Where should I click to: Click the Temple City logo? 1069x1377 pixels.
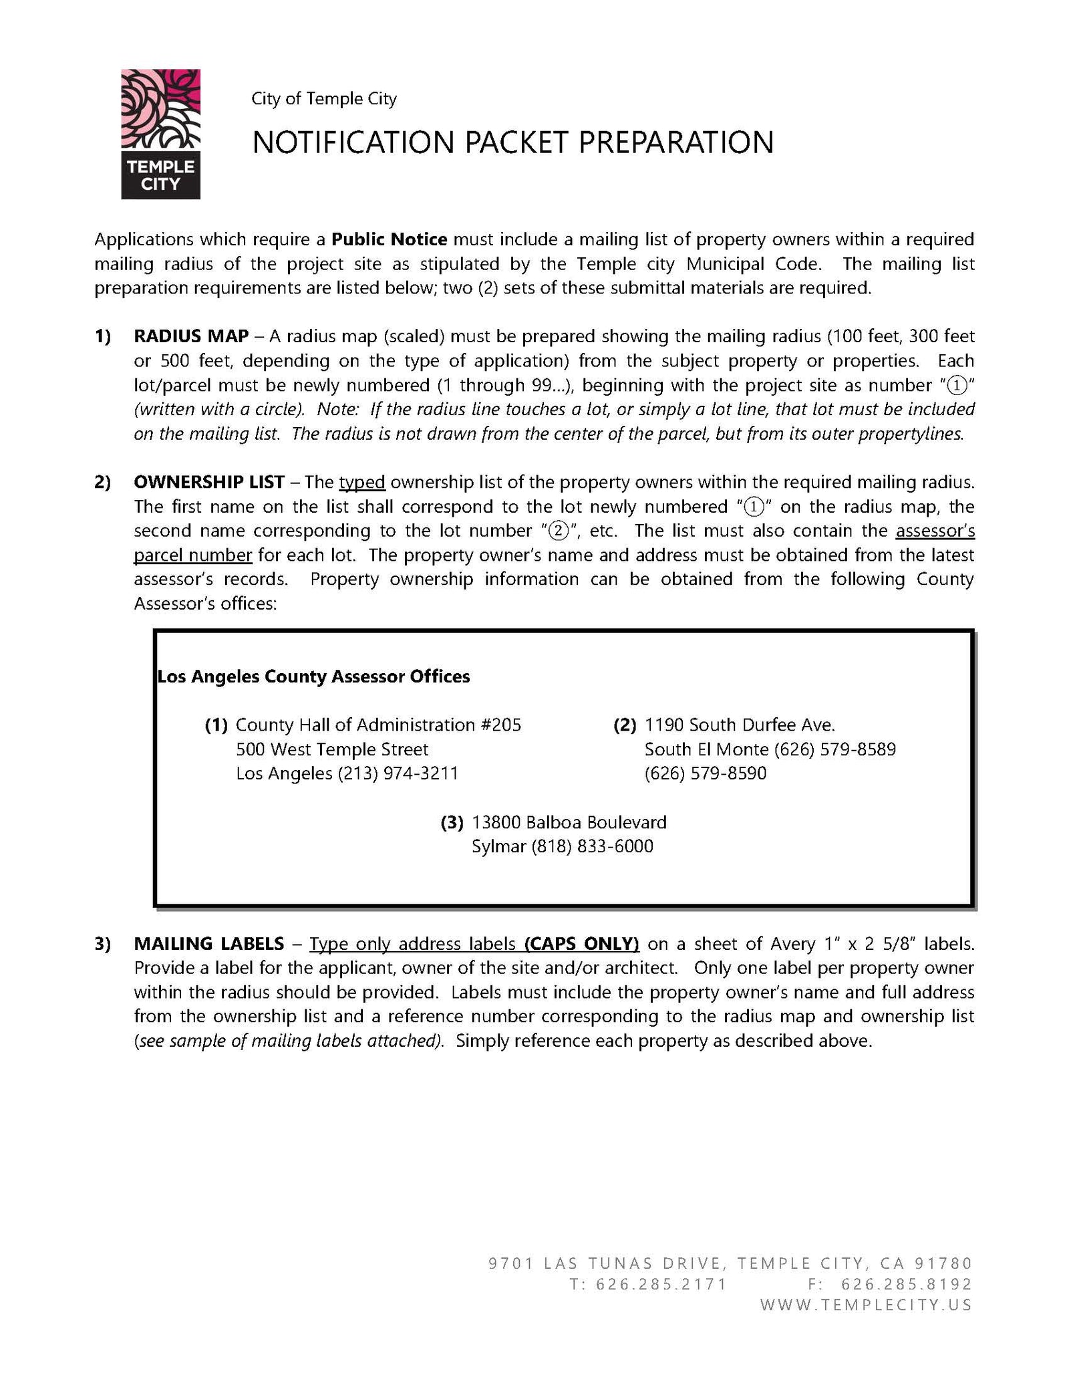tap(160, 134)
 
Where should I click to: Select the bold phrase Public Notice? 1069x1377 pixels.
tap(390, 239)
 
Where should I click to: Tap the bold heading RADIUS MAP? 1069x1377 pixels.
tap(191, 336)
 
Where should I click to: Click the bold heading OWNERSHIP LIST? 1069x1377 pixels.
tap(209, 482)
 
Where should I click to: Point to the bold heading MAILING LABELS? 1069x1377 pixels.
tap(208, 944)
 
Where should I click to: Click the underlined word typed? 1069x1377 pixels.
tap(362, 482)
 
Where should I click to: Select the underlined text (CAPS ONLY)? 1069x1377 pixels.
tap(582, 944)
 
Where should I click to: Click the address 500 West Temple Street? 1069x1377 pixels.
tap(332, 749)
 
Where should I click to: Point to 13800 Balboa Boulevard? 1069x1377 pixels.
tap(569, 822)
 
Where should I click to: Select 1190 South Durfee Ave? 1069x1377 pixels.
tap(740, 725)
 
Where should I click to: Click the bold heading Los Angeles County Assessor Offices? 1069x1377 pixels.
tap(313, 676)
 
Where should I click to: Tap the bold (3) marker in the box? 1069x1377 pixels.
tap(452, 822)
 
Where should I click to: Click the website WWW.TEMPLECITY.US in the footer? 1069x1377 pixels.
tap(866, 1304)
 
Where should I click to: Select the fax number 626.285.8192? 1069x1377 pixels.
tap(906, 1283)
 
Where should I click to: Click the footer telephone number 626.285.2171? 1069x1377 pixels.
tap(661, 1283)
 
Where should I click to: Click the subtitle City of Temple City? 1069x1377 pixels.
tap(324, 99)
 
